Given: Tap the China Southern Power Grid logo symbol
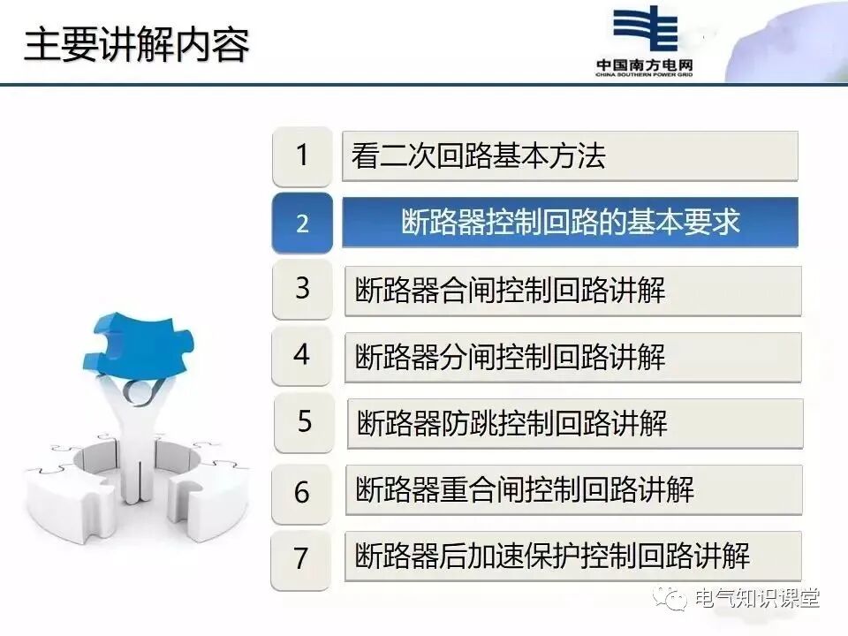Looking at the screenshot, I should click(645, 31).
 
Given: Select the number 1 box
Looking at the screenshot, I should click(302, 156).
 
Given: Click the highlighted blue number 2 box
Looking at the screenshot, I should click(302, 223).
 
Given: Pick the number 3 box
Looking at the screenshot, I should click(302, 289).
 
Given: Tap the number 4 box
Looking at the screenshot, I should click(302, 355).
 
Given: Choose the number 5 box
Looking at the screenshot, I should click(304, 421).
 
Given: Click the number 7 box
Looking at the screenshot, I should click(302, 557).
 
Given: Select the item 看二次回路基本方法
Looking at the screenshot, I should click(570, 156).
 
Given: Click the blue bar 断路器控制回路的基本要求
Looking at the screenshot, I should click(570, 223).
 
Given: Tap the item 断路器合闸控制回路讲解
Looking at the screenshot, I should click(572, 290).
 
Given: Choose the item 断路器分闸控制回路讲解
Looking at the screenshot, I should click(572, 357).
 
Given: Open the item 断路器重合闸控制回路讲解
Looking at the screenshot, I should click(574, 489).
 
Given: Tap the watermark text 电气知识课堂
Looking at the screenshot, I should click(757, 598).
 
